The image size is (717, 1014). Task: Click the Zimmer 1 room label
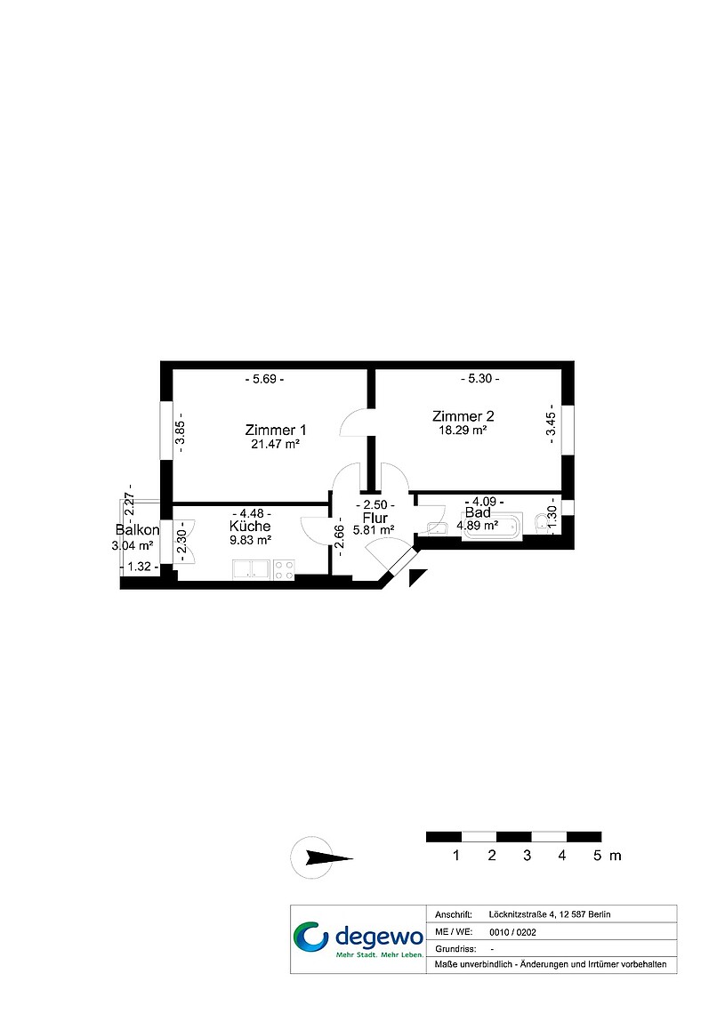coord(276,430)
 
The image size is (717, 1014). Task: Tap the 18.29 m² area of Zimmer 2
coord(463,430)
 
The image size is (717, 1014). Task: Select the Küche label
coord(250,527)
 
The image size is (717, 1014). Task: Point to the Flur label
coord(375,518)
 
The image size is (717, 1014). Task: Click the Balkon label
coord(137,530)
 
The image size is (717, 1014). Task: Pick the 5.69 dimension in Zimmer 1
coord(264,379)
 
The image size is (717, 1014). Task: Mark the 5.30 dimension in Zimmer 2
coord(479,378)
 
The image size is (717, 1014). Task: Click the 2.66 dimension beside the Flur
coord(339,535)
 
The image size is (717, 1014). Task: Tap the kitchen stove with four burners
coord(284,570)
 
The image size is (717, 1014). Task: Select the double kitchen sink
coord(252,570)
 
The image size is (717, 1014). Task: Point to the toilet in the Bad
coord(542,523)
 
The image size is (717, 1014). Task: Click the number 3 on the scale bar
coord(527,856)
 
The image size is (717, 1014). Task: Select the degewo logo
coord(358,939)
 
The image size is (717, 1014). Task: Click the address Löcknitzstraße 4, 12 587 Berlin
coord(550,914)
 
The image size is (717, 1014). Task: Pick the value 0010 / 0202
coord(512,932)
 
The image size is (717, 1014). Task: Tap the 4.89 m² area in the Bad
coord(477,526)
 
